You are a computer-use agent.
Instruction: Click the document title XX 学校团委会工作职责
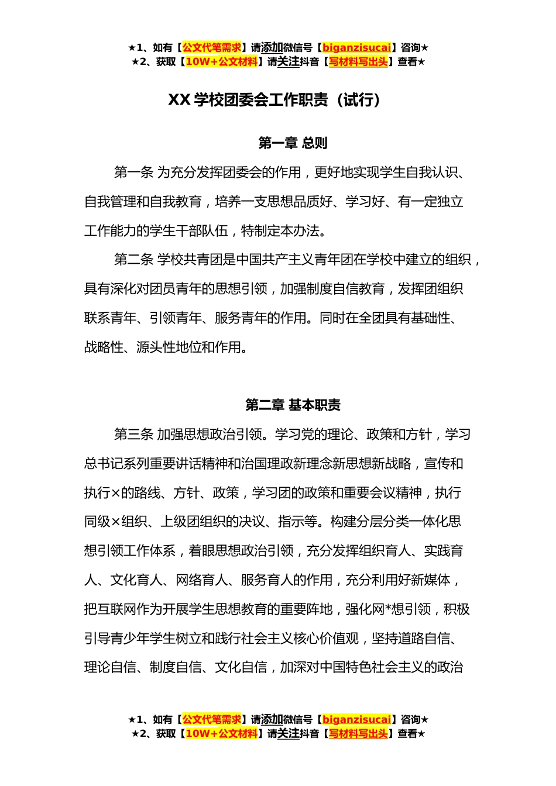click(x=248, y=100)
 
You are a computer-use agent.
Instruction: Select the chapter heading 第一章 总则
click(x=293, y=143)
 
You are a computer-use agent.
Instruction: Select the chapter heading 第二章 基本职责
click(x=293, y=405)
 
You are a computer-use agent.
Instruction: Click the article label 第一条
click(x=133, y=173)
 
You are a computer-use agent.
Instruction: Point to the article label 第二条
click(x=133, y=260)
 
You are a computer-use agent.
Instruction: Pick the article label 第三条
click(x=133, y=435)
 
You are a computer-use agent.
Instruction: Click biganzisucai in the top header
click(x=356, y=48)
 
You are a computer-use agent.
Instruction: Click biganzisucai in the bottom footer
click(x=356, y=719)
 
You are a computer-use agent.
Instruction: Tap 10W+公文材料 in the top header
click(x=221, y=62)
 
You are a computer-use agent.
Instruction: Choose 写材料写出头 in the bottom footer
click(x=358, y=733)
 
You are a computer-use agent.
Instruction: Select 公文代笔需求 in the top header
click(x=212, y=48)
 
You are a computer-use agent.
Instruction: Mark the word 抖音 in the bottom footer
click(x=310, y=733)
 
